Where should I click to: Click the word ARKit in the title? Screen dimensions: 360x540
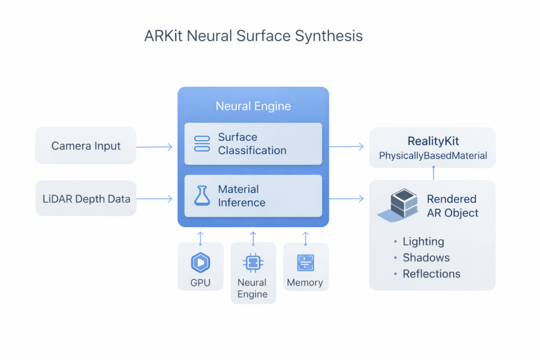tap(162, 36)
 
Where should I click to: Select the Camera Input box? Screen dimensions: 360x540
tap(86, 145)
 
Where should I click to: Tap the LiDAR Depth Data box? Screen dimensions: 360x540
tap(86, 199)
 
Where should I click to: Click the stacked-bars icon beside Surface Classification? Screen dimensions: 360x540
tap(202, 143)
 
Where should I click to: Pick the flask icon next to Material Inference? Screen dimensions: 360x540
tap(202, 196)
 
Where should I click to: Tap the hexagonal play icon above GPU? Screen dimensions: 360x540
tap(200, 262)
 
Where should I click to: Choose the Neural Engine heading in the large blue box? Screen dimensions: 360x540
tap(253, 106)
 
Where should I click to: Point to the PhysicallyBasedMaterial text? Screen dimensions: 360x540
tap(432, 156)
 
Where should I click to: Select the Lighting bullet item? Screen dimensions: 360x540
tap(423, 242)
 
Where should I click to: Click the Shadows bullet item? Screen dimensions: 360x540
tap(426, 258)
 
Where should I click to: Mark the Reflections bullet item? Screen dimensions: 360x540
tap(431, 274)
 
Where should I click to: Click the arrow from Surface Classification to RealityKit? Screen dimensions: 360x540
tap(346, 147)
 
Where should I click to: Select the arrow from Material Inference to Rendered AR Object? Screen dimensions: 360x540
tap(346, 199)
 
